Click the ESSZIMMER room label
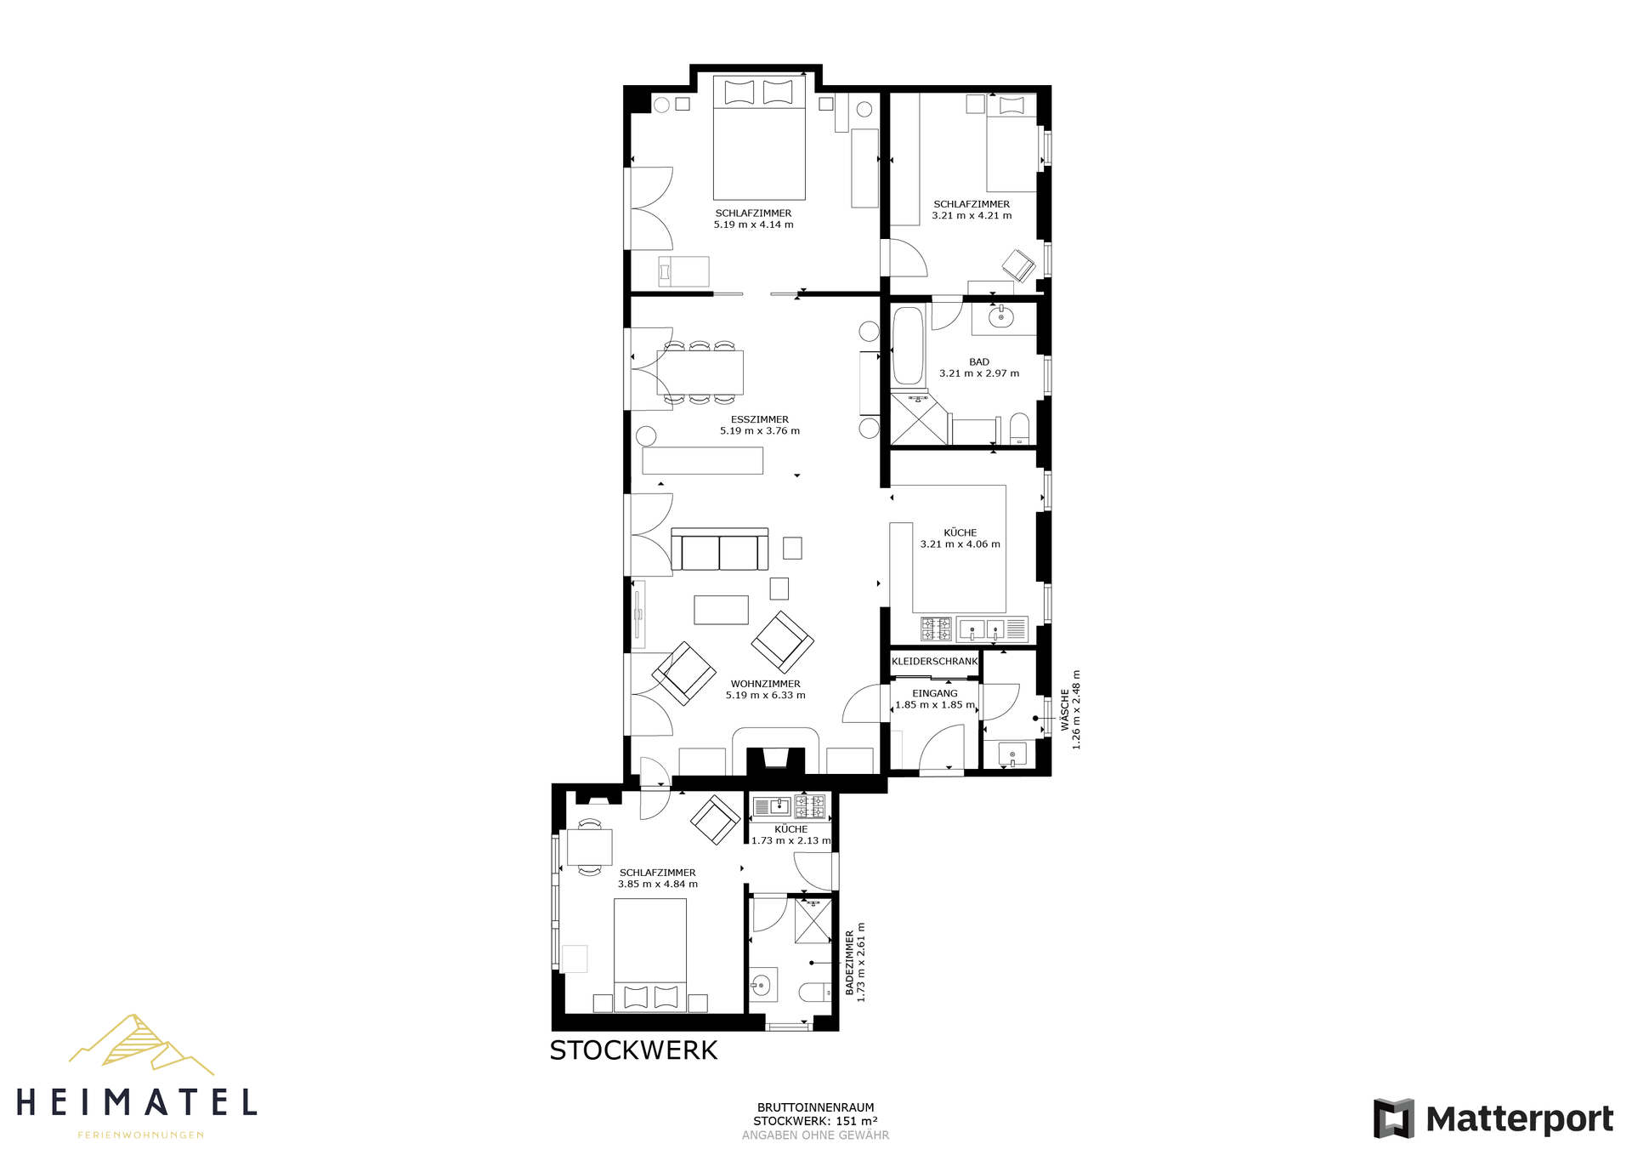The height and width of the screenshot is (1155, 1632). click(760, 419)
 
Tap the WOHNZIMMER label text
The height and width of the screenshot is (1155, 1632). click(766, 684)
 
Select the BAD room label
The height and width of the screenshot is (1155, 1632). click(979, 362)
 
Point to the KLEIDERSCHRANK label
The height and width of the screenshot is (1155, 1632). click(935, 662)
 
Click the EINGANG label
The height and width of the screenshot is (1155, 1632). click(935, 693)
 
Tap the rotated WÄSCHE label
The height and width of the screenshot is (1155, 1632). click(1065, 710)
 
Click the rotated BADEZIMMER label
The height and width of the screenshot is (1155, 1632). click(849, 962)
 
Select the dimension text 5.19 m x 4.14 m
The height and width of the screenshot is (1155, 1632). click(754, 225)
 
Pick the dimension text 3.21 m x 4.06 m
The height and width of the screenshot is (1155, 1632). click(960, 544)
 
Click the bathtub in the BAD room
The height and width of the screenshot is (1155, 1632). click(907, 346)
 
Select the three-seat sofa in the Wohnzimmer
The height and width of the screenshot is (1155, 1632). click(720, 549)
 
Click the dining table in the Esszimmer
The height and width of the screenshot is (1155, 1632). click(700, 373)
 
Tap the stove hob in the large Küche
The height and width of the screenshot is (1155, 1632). click(937, 629)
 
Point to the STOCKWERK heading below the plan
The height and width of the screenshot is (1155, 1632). click(634, 1051)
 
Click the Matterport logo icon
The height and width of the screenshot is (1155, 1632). click(1394, 1118)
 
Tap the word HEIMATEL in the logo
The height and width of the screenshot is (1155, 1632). click(137, 1103)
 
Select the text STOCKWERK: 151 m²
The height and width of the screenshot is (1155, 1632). click(815, 1121)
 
